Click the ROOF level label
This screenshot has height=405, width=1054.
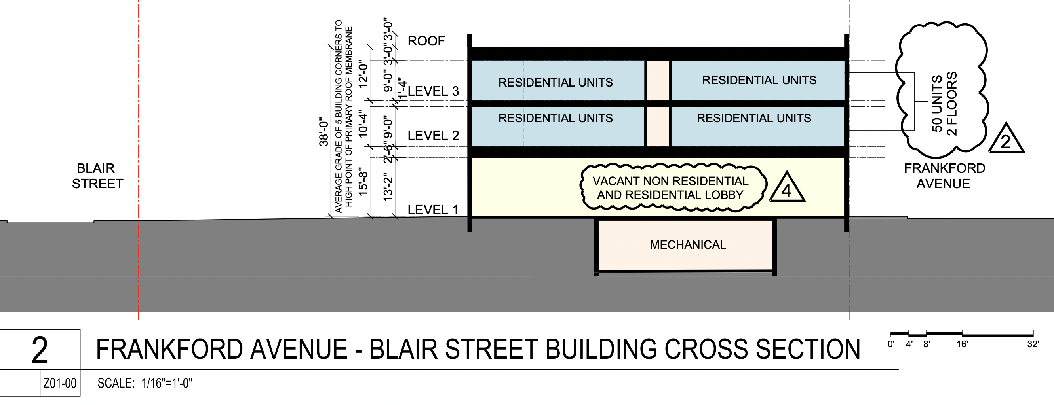coord(426,41)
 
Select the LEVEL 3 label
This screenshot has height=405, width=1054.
coord(433,91)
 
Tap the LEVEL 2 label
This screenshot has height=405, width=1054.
coord(433,135)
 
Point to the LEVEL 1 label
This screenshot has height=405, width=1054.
coord(432,210)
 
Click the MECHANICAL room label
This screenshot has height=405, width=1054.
coord(687,245)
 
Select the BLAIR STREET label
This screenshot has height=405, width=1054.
coord(97,176)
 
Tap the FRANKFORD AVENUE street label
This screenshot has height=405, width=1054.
coord(944,176)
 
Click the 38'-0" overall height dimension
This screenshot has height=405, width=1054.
coord(323,132)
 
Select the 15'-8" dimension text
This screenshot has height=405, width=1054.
coord(363,182)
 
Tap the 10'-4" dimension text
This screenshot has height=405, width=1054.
coord(363,123)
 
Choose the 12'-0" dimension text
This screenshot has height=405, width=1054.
coord(363,74)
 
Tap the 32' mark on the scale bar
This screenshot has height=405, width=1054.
coord(1032,344)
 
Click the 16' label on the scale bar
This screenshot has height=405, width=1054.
coord(962,344)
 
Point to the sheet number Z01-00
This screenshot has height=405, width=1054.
coord(60,383)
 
